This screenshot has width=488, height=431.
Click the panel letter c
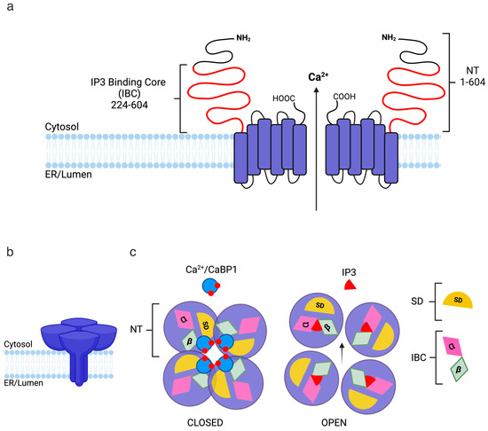[x=132, y=253]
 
